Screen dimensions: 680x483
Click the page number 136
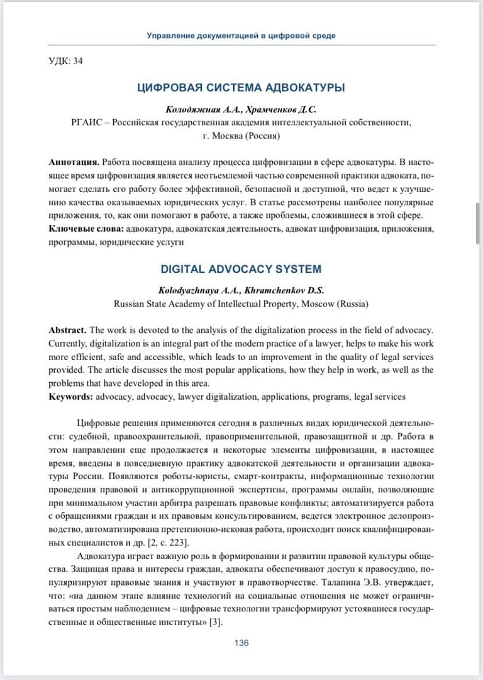[241, 643]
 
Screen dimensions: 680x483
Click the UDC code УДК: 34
[65, 61]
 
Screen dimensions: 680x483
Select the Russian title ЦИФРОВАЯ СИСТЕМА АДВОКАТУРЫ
[241, 88]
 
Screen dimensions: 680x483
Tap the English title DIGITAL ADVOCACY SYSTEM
[241, 269]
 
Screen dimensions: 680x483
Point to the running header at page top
[241, 36]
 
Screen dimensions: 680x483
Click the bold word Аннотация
[73, 162]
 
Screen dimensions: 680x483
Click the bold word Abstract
[68, 329]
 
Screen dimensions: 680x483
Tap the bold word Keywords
[70, 397]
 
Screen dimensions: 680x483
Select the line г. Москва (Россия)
[241, 135]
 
